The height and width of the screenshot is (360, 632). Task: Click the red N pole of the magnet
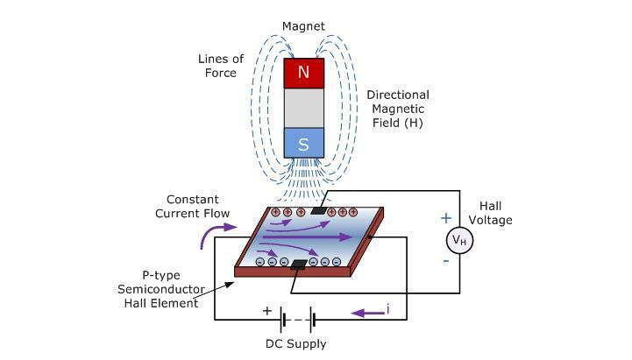(303, 73)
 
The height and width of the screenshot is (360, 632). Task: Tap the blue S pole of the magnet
(303, 144)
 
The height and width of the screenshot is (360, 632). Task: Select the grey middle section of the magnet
(303, 108)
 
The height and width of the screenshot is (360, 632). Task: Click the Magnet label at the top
(303, 26)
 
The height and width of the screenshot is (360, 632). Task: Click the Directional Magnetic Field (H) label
(397, 109)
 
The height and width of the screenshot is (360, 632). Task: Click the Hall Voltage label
(502, 213)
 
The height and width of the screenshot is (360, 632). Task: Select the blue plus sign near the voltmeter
(445, 218)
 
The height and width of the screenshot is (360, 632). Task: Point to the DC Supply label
(295, 343)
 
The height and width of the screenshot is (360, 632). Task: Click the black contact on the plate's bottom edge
(300, 264)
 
